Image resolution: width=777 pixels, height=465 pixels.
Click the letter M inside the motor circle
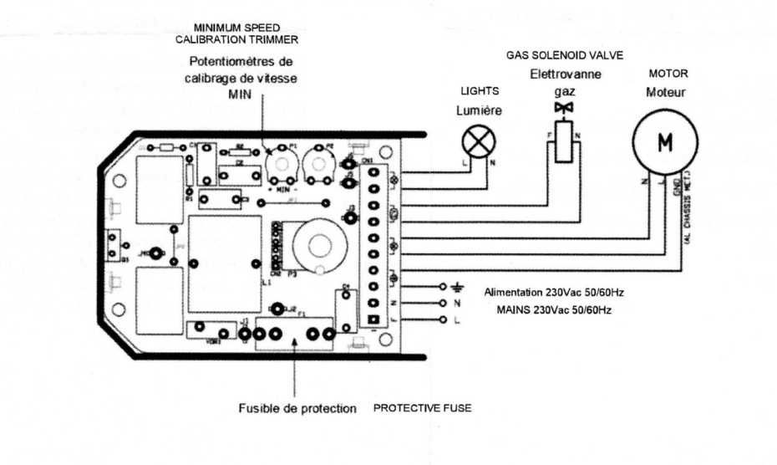pos(665,143)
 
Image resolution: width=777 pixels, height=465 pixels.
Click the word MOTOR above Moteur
pos(668,74)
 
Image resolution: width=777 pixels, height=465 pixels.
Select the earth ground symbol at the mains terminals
pos(455,286)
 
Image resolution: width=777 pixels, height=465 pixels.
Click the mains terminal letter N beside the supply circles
pos(456,303)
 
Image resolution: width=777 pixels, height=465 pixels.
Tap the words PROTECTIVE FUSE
pos(422,408)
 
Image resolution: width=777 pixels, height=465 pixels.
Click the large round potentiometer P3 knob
pos(317,247)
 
